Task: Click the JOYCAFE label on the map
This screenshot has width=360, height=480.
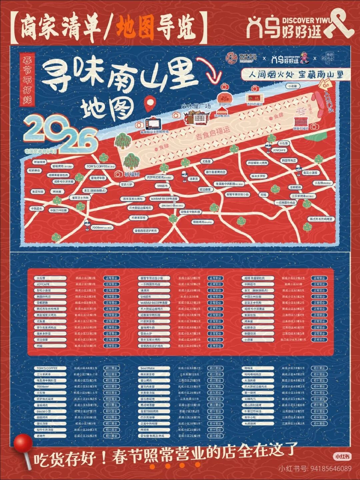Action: coord(279,150)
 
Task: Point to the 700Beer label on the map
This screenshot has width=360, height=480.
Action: coord(101,228)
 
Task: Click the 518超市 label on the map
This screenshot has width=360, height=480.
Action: coord(162,186)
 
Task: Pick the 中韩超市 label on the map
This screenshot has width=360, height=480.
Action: coord(37,208)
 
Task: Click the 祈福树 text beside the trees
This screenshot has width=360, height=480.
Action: coord(132,174)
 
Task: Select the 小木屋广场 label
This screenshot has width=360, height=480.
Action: coord(196,106)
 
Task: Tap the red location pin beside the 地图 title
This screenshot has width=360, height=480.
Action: coord(150,103)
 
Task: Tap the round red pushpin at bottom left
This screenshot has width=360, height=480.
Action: coord(23,443)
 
